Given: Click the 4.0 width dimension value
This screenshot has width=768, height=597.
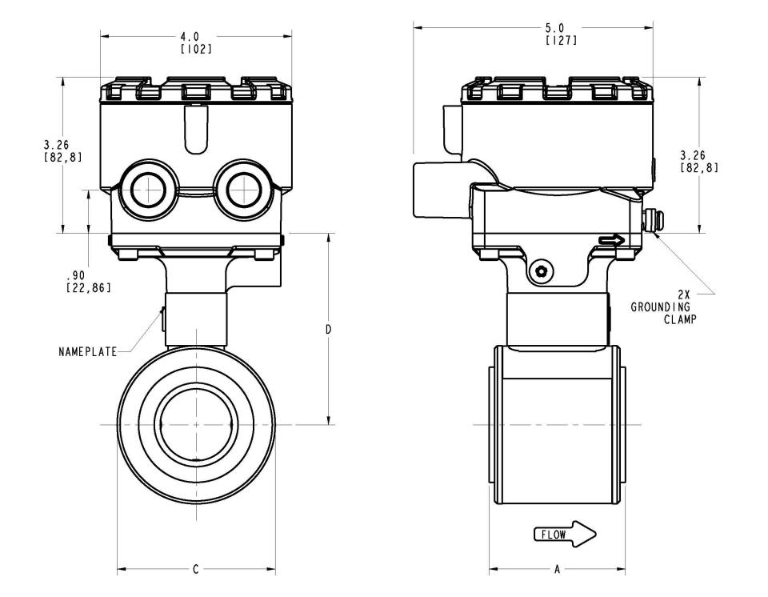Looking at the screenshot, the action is [190, 37].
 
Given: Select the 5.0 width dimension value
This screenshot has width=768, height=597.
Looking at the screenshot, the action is [555, 29].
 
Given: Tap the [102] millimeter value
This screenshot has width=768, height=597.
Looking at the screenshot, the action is [197, 49].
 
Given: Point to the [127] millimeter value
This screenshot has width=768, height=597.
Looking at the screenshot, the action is [562, 41].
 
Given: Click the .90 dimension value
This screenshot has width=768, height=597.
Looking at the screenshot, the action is [75, 275].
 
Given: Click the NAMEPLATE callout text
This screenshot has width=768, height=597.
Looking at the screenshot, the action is [88, 352].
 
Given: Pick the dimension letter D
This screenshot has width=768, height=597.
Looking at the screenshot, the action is [329, 330].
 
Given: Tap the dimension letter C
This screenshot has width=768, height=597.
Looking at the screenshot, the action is [195, 569].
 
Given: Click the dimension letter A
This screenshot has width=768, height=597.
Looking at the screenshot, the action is [557, 570].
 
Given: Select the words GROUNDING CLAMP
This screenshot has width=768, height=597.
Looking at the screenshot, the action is [663, 314].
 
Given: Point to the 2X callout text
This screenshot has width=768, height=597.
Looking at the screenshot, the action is [684, 294].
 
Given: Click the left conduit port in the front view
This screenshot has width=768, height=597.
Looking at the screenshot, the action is [146, 189].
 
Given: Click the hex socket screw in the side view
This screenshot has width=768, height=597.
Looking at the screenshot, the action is [542, 271].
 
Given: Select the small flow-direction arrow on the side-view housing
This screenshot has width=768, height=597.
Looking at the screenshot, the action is [611, 240].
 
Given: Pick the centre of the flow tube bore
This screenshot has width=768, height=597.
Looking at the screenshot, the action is [196, 424].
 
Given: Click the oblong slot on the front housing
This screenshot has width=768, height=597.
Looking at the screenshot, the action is [196, 129].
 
